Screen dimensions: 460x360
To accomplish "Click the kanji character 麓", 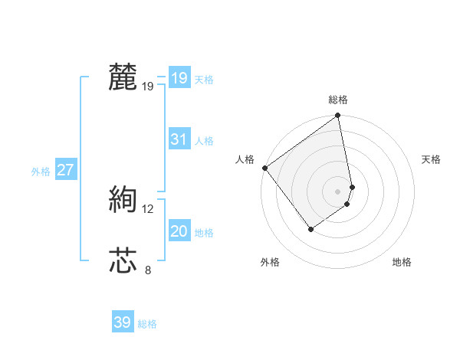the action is pos(123,77).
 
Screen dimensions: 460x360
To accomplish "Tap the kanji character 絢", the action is pos(123,200).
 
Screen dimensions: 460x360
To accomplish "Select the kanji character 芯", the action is pos(123,260).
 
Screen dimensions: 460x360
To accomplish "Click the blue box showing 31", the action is pos(179,139).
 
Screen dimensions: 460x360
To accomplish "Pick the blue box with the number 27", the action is pos(65,170).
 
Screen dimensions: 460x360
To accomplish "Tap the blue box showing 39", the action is pos(122,322).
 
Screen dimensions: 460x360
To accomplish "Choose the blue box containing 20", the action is pos(179,231).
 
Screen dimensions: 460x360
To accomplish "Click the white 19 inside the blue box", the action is pos(179,77).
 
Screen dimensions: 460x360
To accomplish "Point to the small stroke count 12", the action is pos(148,208).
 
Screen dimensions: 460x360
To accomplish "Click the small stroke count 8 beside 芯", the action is pos(148,270).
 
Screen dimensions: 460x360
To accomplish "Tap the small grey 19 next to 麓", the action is pos(148,86).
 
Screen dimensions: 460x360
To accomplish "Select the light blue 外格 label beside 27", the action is pos(41,172).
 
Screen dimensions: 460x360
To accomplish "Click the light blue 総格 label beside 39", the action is pos(147,324).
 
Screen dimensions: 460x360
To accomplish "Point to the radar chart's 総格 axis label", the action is pos(338,100).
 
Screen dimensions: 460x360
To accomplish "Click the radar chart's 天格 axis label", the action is pos(431,159).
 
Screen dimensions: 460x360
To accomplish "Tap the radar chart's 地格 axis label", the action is pos(402,262).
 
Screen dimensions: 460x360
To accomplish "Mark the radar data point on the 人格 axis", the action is pos(264,168).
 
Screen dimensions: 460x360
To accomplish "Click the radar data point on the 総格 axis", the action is pos(338,116).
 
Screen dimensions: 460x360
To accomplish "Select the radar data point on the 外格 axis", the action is pos(311,229).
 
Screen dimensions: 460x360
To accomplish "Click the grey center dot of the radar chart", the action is pos(338,191).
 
